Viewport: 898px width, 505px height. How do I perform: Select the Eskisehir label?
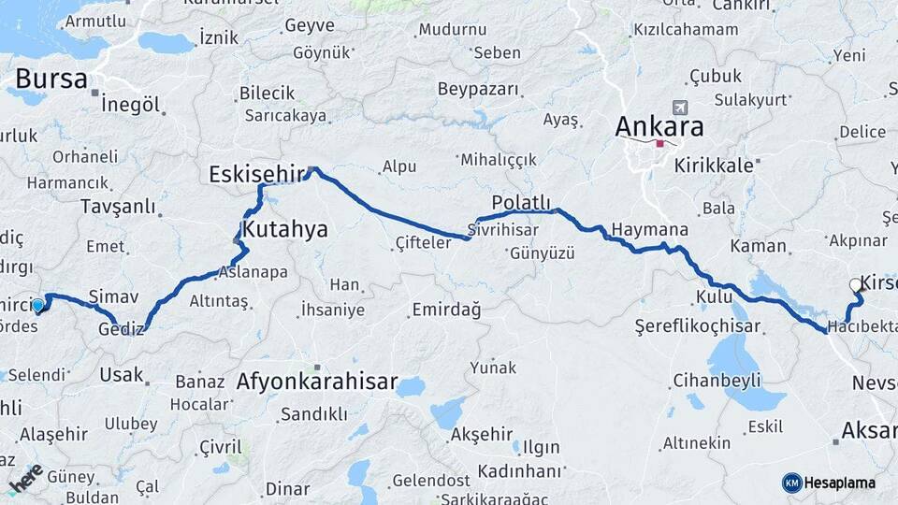click(x=257, y=173)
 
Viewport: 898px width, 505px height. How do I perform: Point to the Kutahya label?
click(x=285, y=228)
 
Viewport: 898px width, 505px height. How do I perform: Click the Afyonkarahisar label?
click(x=317, y=382)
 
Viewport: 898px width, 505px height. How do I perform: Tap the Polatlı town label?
click(x=521, y=202)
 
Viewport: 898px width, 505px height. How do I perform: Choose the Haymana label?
click(x=650, y=229)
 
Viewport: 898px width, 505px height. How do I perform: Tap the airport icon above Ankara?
click(x=678, y=108)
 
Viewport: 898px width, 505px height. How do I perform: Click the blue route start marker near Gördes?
click(x=37, y=305)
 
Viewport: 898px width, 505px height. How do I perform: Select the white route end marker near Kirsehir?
click(x=855, y=285)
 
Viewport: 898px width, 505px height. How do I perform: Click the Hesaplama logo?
click(x=829, y=483)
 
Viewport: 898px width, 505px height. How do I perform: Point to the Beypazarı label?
click(x=477, y=90)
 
